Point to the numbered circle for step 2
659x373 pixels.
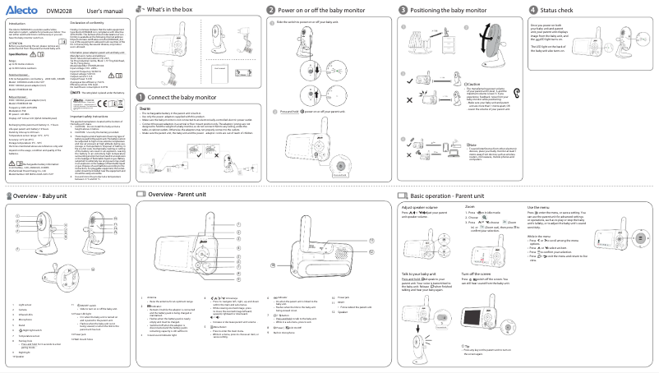point(271,9)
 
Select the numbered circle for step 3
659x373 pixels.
point(403,9)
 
